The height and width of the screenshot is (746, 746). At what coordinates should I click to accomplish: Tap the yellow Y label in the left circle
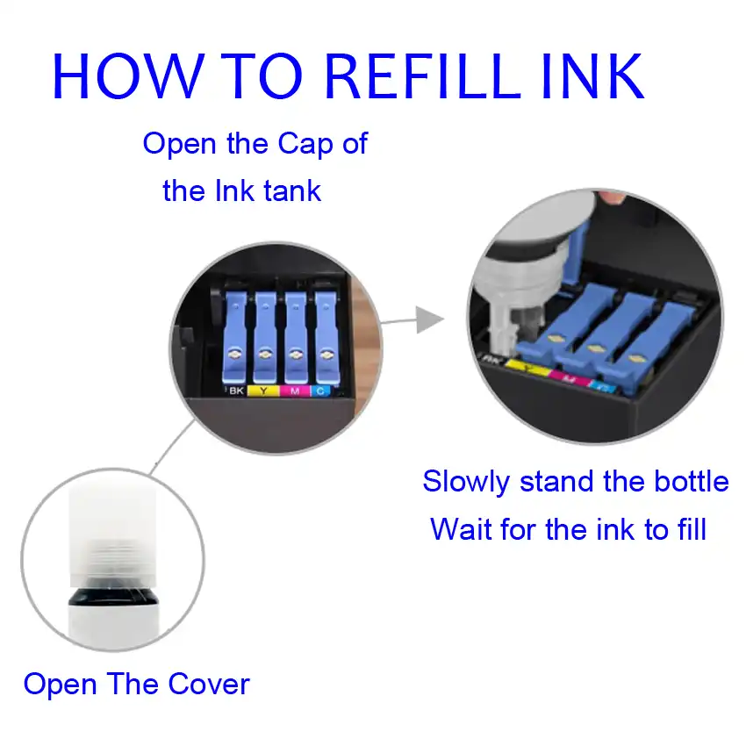(x=263, y=391)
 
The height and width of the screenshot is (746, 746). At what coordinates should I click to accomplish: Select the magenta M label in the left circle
(x=293, y=391)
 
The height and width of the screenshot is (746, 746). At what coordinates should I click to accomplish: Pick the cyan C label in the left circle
(x=321, y=391)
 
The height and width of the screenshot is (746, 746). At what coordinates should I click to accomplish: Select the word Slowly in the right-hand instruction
(x=465, y=482)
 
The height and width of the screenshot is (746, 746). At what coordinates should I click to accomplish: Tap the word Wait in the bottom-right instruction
(x=460, y=529)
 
